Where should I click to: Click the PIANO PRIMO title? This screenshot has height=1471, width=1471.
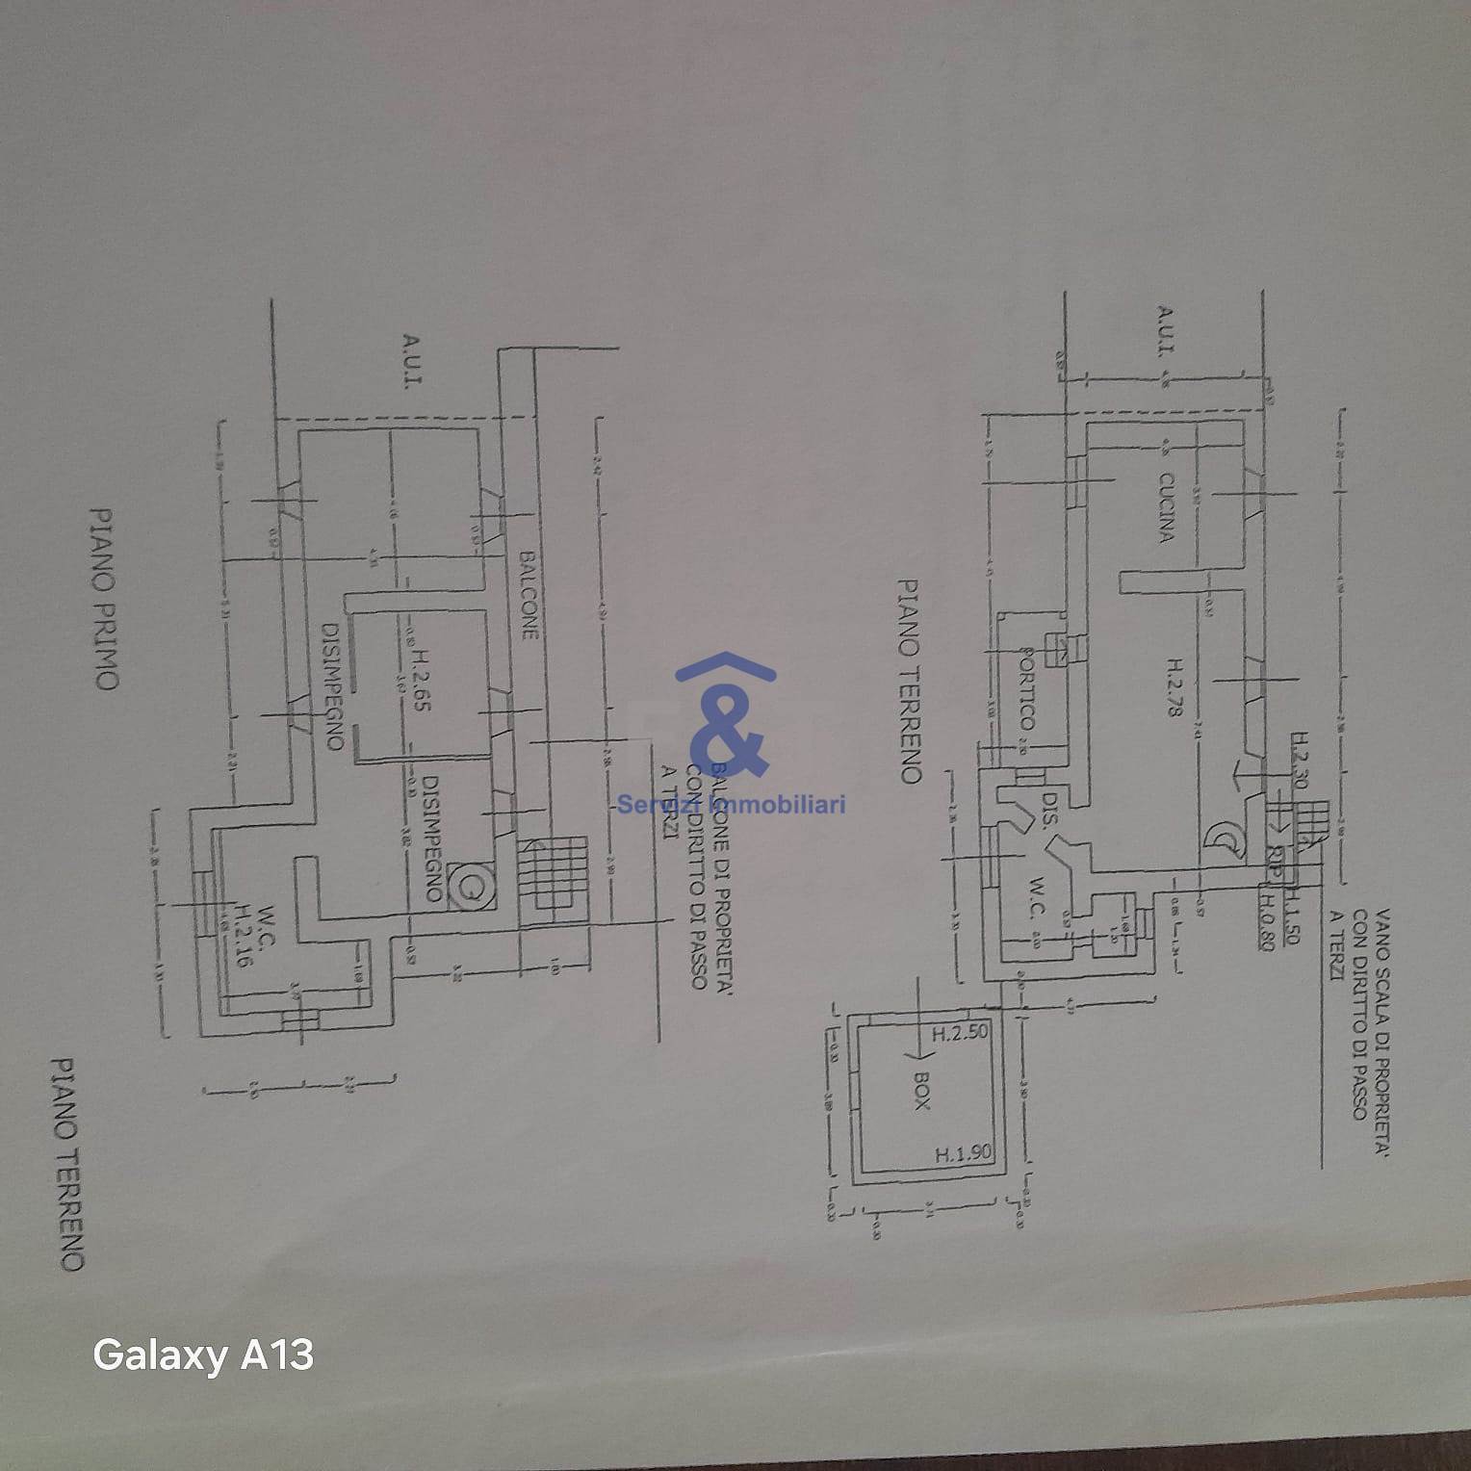click(104, 599)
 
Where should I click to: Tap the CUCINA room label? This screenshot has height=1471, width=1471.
click(1165, 507)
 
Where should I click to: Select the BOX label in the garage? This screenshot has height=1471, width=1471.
click(920, 1092)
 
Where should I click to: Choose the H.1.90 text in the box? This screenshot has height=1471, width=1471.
click(963, 1152)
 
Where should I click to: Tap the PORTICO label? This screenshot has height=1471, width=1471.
click(1026, 687)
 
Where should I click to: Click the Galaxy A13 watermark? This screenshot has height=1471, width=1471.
click(203, 1355)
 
